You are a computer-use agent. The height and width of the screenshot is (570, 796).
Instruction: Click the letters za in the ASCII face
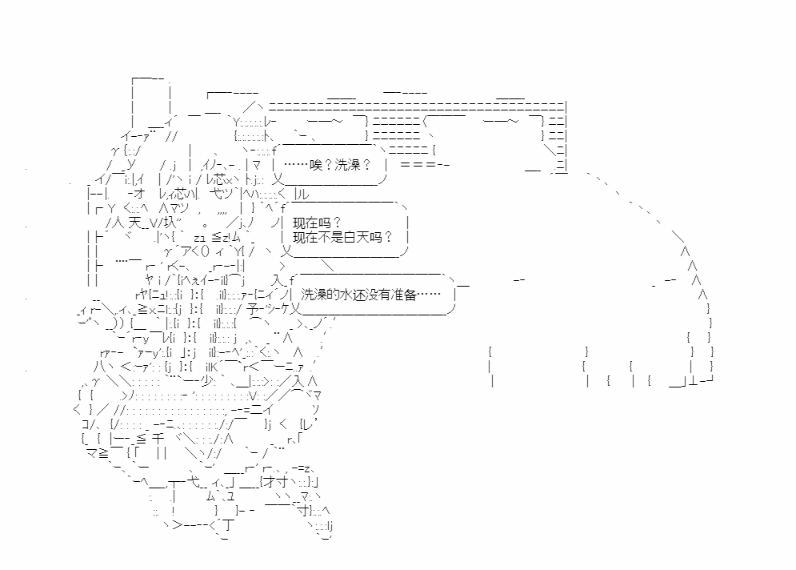pos(199,238)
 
